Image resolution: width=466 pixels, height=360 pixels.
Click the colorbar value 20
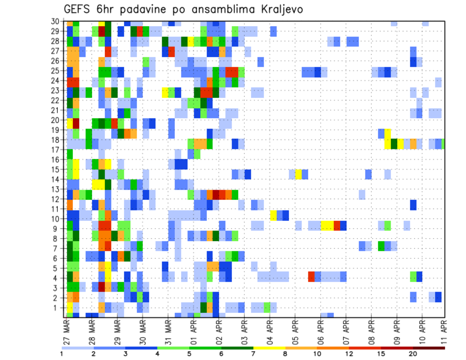413,354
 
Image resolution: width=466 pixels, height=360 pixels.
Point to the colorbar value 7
253,354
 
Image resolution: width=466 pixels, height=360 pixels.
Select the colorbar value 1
62,354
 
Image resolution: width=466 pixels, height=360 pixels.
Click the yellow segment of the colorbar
269,347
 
